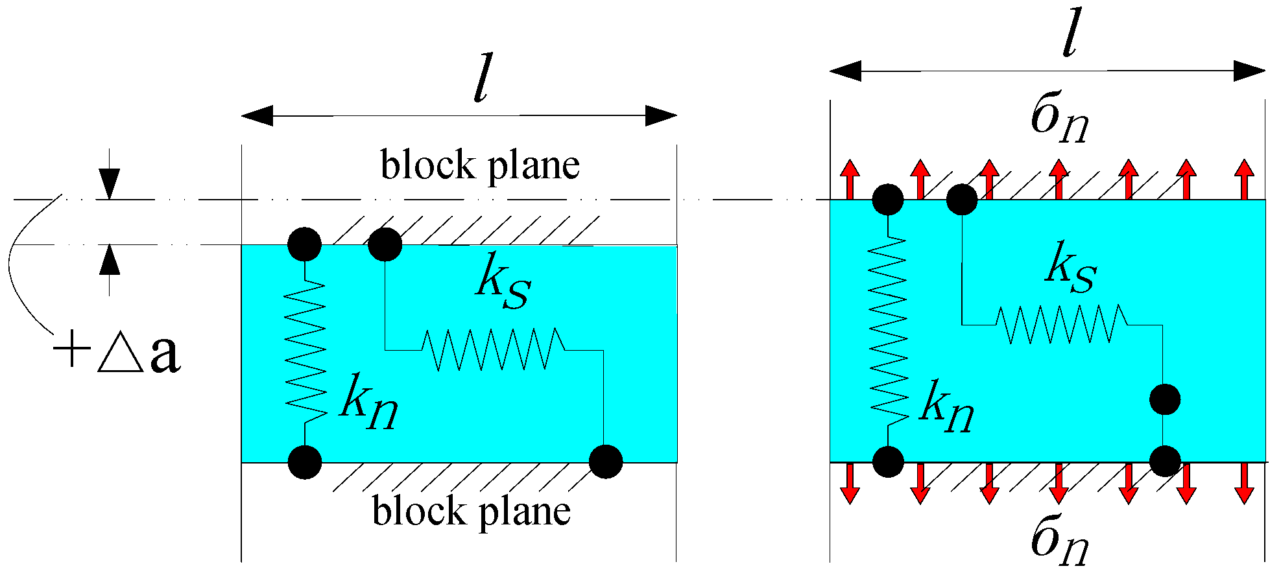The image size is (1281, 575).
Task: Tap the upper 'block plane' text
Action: click(479, 166)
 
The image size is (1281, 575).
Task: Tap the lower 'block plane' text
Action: click(472, 512)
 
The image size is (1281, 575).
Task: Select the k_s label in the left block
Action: click(503, 286)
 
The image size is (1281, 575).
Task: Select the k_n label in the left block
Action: click(368, 402)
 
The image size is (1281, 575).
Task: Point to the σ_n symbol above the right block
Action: click(1059, 120)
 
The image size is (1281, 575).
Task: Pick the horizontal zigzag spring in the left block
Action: click(493, 350)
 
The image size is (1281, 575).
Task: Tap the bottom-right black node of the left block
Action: click(606, 462)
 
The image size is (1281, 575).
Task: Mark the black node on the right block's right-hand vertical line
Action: click(1165, 399)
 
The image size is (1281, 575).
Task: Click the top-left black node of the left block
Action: click(304, 244)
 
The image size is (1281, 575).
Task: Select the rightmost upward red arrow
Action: click(1244, 179)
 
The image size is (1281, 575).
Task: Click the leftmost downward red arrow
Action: click(850, 484)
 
